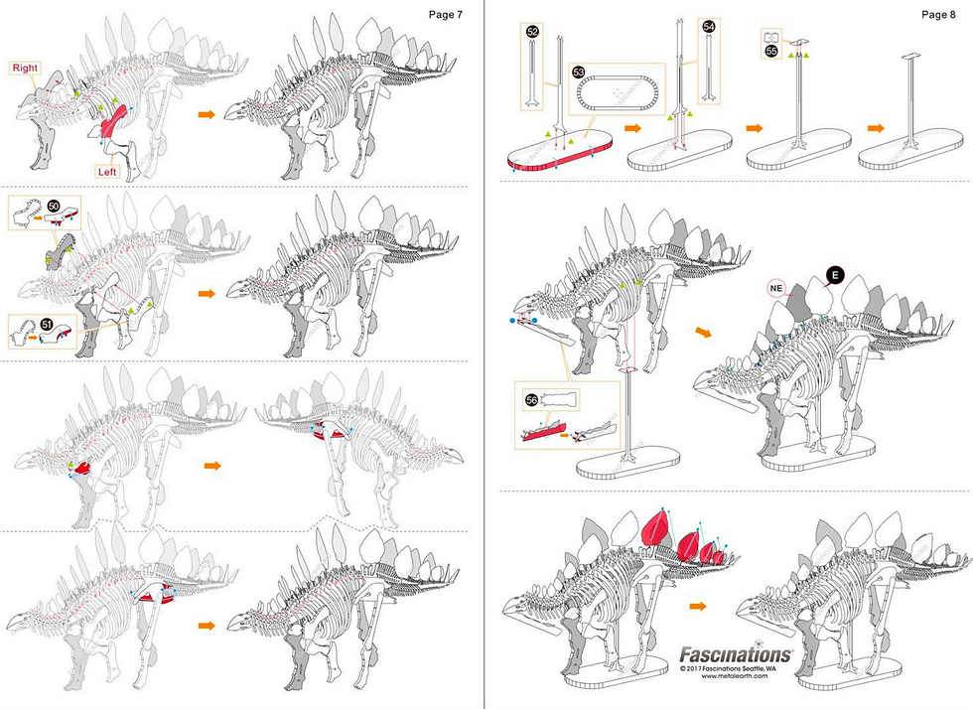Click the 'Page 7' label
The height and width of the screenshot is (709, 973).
coord(445,14)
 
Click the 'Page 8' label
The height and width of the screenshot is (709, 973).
coord(938,14)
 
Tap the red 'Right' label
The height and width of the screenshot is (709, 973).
coord(26,69)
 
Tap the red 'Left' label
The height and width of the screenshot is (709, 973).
coord(110,171)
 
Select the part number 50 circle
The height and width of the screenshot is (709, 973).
coord(55,205)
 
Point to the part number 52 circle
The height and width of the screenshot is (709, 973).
coord(532,32)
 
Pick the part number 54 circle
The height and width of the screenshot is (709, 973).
coord(707,27)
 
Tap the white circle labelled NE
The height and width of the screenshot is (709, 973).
coord(778,288)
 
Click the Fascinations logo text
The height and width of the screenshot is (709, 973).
coord(735,654)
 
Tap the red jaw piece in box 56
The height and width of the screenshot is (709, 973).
coord(542,431)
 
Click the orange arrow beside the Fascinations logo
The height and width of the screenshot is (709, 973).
coord(699,604)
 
